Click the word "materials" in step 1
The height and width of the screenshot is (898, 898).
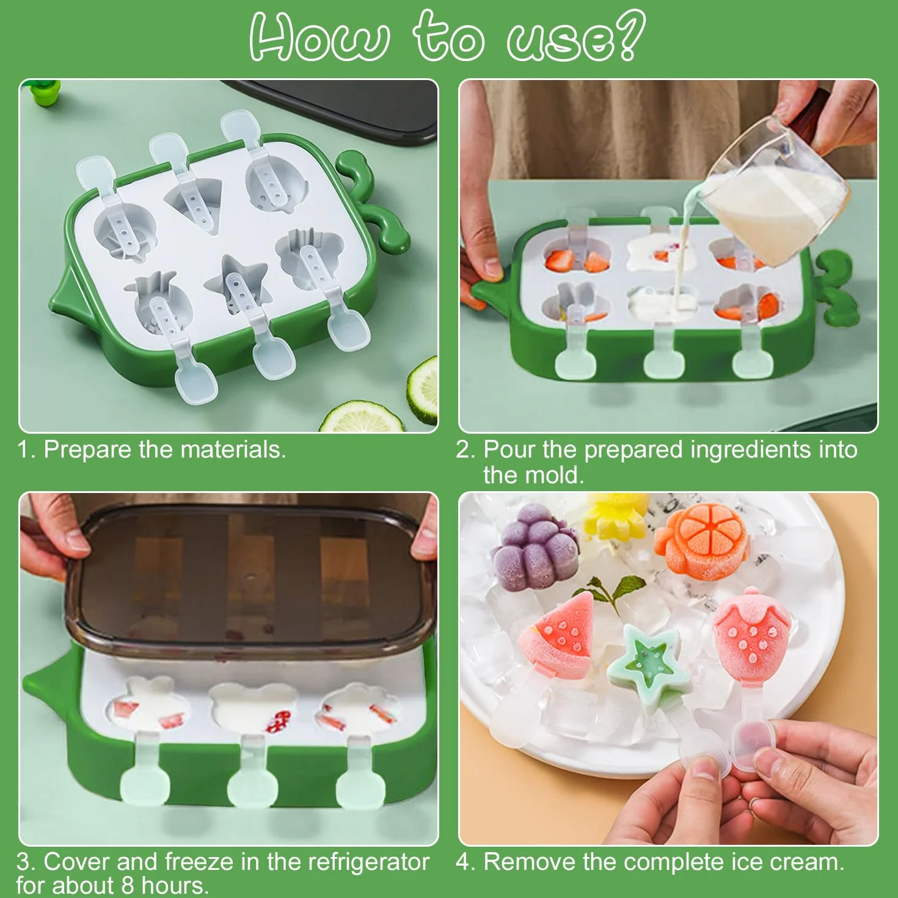233,450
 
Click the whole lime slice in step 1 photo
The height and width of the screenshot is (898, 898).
361,417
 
